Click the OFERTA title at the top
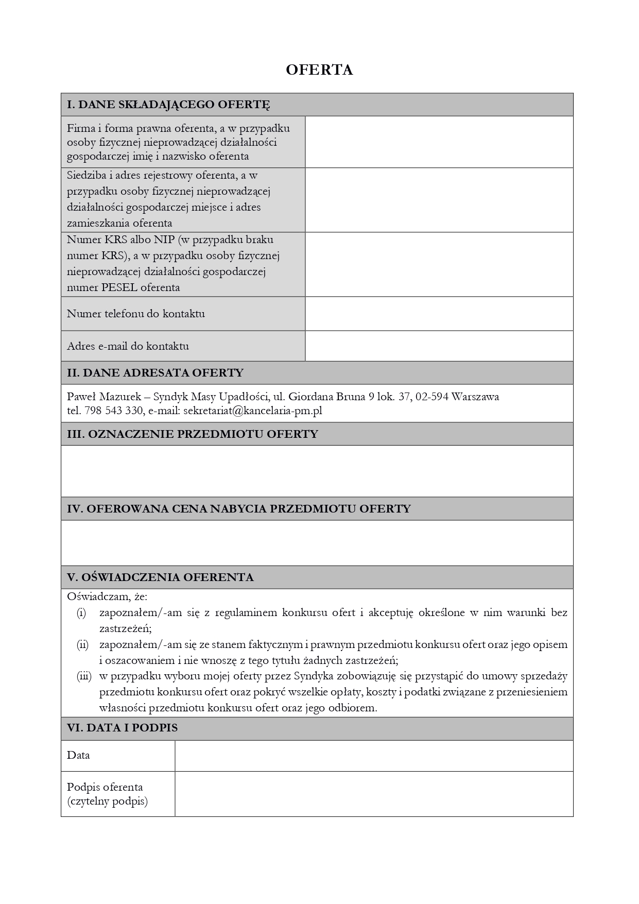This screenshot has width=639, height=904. coord(319,70)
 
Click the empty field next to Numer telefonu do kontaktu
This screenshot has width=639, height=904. coord(439,313)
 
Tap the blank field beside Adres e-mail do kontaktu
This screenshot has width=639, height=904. coord(439,346)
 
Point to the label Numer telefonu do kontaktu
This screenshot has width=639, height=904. coord(136,314)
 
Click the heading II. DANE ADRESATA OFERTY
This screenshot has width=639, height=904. coord(155,373)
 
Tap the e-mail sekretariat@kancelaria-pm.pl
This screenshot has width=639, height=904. coord(252,411)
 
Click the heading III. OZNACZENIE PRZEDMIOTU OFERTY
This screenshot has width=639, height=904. coord(193,434)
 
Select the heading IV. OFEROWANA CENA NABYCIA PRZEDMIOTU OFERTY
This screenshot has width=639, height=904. coord(239,509)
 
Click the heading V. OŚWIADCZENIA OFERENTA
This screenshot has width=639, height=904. coord(160,577)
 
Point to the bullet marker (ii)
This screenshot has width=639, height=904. coord(82,644)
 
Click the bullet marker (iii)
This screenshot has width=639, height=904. coord(84,676)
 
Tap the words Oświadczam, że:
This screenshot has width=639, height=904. coord(107,596)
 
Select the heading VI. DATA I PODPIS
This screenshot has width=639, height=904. coord(122,728)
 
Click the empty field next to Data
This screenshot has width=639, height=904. coord(374,756)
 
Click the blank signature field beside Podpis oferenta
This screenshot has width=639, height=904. coord(374,794)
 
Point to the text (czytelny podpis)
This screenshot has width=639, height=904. coord(107,801)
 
